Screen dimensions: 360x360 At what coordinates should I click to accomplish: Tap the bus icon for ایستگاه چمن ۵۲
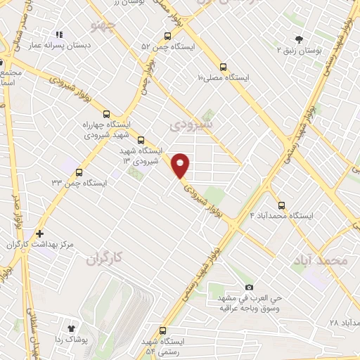point(167,36)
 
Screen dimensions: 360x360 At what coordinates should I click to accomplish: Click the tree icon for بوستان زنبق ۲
point(300,39)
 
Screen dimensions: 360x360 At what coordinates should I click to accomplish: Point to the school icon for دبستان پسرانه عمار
point(59,34)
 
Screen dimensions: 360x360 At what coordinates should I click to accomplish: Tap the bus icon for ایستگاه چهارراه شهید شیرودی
point(107,113)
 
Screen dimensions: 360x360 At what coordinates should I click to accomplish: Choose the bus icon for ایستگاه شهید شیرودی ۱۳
point(141,140)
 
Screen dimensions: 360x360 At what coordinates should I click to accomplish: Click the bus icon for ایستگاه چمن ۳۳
point(79,172)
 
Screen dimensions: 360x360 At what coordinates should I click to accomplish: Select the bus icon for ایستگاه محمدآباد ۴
point(281,205)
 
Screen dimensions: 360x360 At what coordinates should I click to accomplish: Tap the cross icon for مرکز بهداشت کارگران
point(39,233)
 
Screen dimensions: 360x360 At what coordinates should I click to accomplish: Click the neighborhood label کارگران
point(105,258)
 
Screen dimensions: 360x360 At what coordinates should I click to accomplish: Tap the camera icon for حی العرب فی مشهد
point(249,288)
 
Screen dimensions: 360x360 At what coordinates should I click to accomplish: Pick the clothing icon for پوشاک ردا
point(71,328)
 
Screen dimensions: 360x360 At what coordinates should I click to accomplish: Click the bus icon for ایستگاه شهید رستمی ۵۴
point(164,330)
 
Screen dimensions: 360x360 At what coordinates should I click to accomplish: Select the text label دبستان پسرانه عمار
point(60,46)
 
